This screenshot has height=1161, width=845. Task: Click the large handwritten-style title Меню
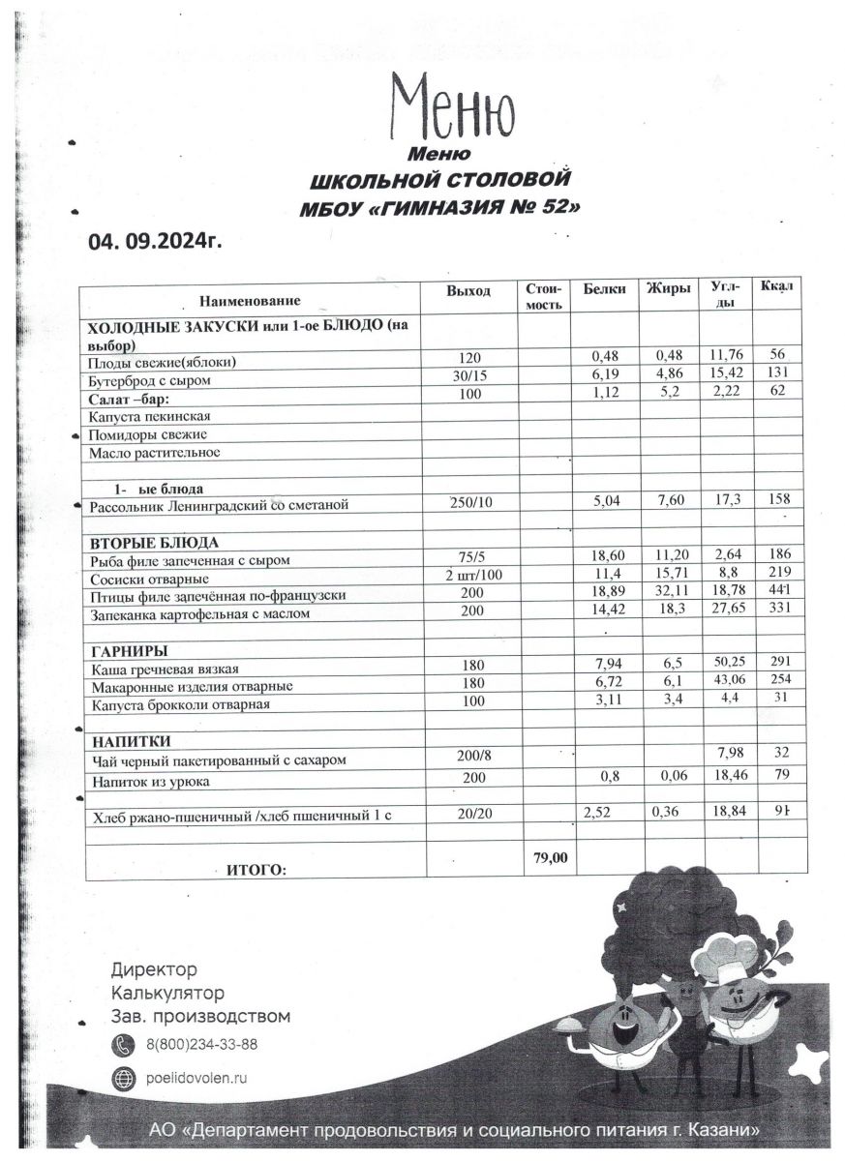pyautogui.click(x=452, y=108)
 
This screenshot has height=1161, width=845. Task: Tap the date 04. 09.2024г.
pyautogui.click(x=155, y=241)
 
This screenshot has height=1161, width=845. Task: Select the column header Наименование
pyautogui.click(x=251, y=301)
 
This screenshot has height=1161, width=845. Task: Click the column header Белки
pyautogui.click(x=605, y=289)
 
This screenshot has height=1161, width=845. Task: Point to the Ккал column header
pyautogui.click(x=776, y=287)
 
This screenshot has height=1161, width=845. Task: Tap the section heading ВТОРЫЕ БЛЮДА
pyautogui.click(x=153, y=542)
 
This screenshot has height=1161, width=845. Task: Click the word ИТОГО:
pyautogui.click(x=257, y=871)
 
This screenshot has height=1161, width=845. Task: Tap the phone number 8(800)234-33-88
pyautogui.click(x=202, y=1045)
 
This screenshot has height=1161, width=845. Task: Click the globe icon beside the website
pyautogui.click(x=124, y=1078)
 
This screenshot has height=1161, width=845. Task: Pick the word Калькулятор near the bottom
pyautogui.click(x=167, y=993)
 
